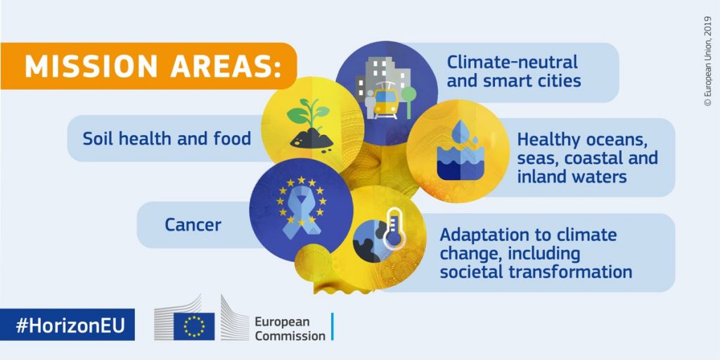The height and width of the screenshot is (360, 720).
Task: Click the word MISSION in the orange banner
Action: (x=91, y=67)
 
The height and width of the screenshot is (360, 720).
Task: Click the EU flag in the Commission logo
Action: (x=194, y=326)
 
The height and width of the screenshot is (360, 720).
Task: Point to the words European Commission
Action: (x=290, y=328)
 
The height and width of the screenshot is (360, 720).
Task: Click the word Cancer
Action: (x=193, y=225)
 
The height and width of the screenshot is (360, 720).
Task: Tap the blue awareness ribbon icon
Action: (x=301, y=214)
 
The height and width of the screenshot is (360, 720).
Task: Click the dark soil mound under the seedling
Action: (x=311, y=139)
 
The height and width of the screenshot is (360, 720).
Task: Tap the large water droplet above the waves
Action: (x=460, y=131)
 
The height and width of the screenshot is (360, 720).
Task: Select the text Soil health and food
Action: (x=167, y=139)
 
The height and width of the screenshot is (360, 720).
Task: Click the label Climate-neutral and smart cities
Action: (x=514, y=71)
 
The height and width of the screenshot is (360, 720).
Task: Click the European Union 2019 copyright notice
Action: (x=707, y=61)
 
